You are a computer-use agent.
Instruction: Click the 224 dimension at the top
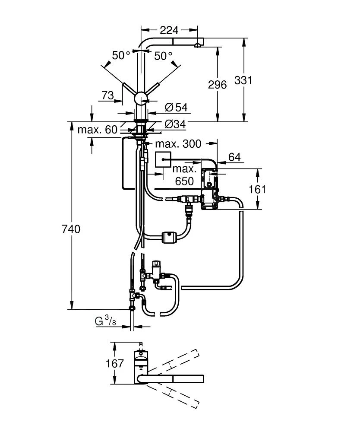click(169, 30)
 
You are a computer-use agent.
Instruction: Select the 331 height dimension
click(243, 80)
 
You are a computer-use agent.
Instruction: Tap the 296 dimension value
click(217, 85)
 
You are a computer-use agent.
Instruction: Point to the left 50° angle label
click(121, 56)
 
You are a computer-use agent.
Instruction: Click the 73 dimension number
click(108, 95)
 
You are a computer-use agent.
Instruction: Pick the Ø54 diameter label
click(176, 107)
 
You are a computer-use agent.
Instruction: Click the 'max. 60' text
click(98, 129)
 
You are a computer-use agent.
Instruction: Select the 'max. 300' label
click(178, 143)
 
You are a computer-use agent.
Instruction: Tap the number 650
click(184, 181)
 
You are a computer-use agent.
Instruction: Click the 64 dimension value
click(234, 157)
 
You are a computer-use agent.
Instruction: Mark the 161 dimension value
click(258, 189)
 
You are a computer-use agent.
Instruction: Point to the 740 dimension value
click(71, 229)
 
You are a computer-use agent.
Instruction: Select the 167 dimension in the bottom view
click(115, 363)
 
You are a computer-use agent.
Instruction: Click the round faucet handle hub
click(141, 98)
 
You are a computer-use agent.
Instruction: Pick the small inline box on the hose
click(168, 237)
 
